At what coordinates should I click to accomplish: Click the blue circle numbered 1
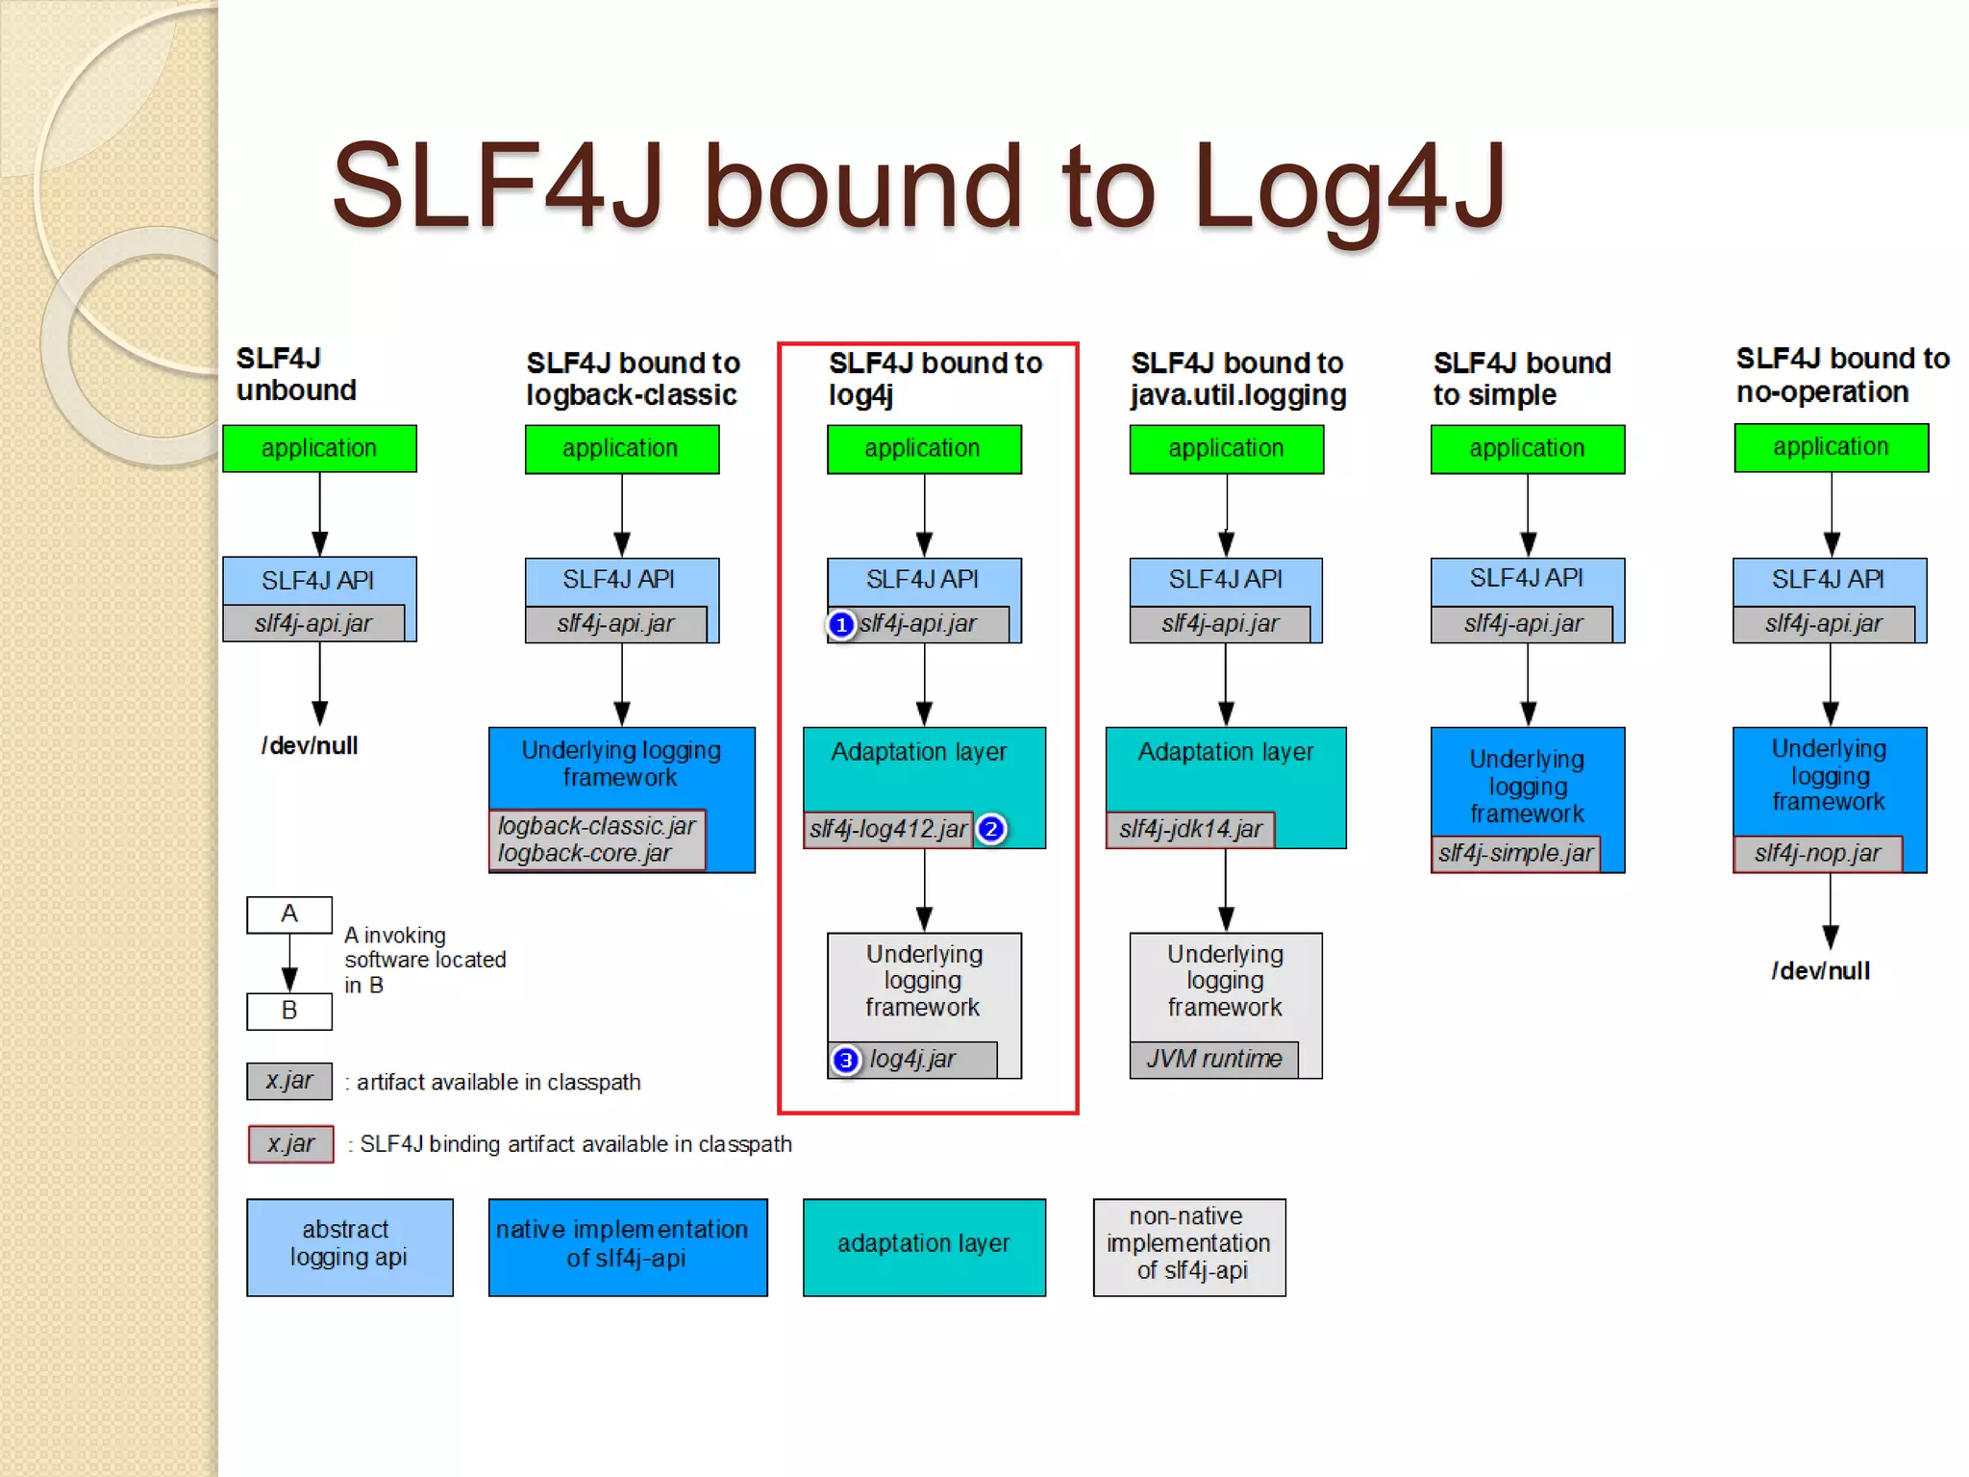click(841, 625)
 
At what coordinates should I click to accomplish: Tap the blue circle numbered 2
click(991, 829)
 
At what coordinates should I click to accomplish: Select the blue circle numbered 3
click(845, 1060)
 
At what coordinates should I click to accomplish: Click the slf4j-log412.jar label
click(887, 829)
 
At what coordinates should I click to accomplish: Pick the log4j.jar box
click(913, 1060)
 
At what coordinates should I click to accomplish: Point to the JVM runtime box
click(1213, 1060)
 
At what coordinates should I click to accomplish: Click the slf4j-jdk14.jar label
click(1190, 829)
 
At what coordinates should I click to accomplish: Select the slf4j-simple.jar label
click(1515, 853)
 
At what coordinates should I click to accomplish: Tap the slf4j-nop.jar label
click(1817, 853)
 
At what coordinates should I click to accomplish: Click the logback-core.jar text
click(585, 854)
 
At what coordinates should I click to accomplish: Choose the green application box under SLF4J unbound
click(319, 448)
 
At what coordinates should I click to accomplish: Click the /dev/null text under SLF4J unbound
click(310, 746)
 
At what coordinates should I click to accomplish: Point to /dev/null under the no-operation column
click(1821, 971)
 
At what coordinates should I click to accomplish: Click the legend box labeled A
click(289, 914)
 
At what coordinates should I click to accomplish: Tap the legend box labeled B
click(289, 1012)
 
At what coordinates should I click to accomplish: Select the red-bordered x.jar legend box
click(290, 1144)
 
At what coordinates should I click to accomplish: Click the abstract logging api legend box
click(349, 1246)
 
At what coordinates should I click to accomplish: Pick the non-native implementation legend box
click(1189, 1246)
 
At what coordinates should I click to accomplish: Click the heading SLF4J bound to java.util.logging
click(1237, 379)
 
